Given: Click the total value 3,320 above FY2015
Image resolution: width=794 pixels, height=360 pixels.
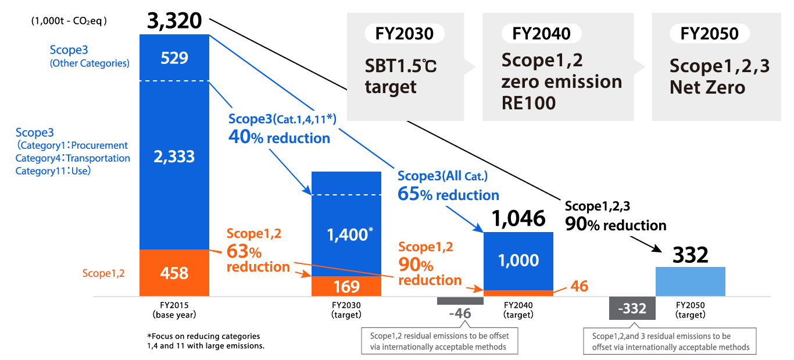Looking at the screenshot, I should (174, 21).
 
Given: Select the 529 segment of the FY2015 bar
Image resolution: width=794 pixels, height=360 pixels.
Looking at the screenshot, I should (174, 58).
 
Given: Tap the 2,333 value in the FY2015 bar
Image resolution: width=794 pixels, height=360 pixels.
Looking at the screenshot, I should (174, 156).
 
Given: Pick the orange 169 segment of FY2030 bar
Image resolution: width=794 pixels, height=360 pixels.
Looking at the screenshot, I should (347, 286).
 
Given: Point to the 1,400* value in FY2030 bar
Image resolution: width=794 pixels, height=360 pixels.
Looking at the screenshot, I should (349, 234).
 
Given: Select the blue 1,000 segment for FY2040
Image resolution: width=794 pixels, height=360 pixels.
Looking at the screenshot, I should (518, 260).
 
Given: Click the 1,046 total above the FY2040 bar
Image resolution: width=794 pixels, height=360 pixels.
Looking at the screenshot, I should (518, 218).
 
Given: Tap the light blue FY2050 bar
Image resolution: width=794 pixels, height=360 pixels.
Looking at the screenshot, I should (690, 281).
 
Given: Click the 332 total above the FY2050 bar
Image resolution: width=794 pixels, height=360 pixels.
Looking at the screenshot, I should (690, 255).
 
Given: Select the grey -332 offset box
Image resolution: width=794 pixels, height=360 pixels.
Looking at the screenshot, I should (632, 308).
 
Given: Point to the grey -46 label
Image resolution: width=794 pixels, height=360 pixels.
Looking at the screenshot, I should (460, 313).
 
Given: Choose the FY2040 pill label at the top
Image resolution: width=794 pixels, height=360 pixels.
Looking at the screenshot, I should (541, 34).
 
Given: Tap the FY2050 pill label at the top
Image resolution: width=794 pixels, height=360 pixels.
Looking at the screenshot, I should (710, 34).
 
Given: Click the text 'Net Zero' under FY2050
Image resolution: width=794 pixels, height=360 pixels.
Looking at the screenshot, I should (707, 88).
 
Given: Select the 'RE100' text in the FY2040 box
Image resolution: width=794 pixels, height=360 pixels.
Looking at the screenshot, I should (528, 103).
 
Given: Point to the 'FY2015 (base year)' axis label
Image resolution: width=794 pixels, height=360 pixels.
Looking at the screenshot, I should (174, 309).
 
